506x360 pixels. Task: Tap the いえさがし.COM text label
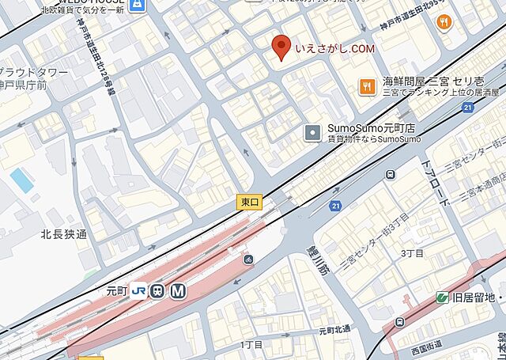[334, 50]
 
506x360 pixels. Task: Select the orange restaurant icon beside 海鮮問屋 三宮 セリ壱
[366, 85]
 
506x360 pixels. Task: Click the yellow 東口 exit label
[248, 202]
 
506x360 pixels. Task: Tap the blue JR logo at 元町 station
[139, 290]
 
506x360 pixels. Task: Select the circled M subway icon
[179, 290]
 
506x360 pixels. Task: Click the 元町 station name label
[116, 290]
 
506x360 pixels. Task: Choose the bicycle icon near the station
[248, 260]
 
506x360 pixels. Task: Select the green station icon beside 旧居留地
[443, 297]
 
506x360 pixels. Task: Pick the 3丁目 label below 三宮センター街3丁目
[412, 253]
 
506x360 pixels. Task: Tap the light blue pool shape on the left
[22, 180]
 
